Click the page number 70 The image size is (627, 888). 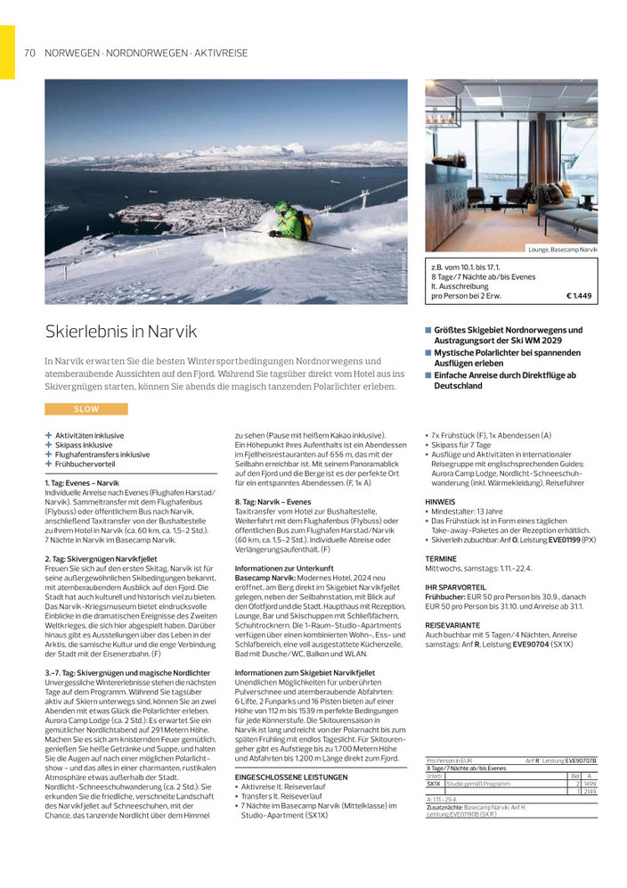tap(29, 53)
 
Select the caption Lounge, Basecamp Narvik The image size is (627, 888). tap(562, 251)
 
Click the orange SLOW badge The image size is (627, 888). tap(86, 409)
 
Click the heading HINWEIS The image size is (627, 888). tap(440, 502)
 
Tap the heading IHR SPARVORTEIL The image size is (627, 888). tap(454, 589)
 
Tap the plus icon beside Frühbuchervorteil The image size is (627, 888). tap(49, 464)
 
